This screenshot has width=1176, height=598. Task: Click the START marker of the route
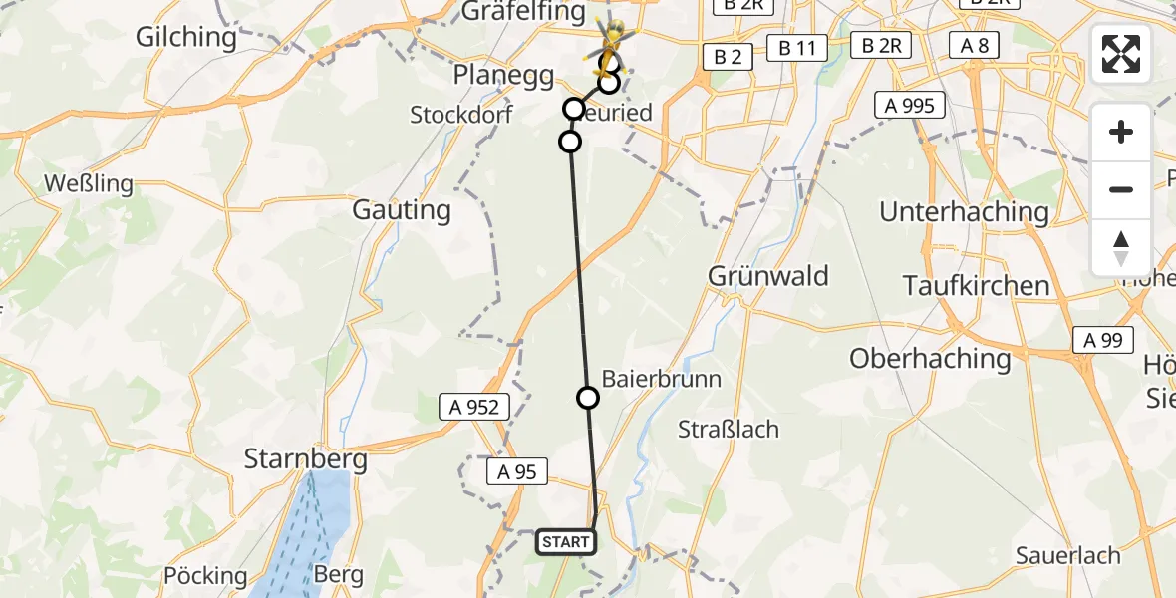coord(567,542)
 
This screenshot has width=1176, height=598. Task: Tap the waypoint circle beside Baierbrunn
coord(588,398)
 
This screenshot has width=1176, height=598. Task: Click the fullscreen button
coord(1121,54)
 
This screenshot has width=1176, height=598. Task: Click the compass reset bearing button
coord(1121,248)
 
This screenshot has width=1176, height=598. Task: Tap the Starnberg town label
coord(306,460)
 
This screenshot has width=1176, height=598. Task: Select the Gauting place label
coord(402,210)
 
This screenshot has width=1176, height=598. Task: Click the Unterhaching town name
coord(964,211)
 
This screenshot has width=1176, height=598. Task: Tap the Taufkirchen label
coord(976,285)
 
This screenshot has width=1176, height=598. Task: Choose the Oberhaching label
coord(930,358)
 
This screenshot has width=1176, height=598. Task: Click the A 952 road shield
coord(474,407)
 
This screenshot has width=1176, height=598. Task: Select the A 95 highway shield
coord(517,471)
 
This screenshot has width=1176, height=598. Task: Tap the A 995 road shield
coord(909,105)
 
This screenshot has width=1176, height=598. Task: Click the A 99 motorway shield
coord(1103,340)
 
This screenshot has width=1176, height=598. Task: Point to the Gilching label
coord(186,38)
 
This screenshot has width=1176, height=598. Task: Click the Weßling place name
coord(84,184)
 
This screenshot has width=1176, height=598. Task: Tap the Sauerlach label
coord(1067,555)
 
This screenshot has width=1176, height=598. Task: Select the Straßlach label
coord(728,430)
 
